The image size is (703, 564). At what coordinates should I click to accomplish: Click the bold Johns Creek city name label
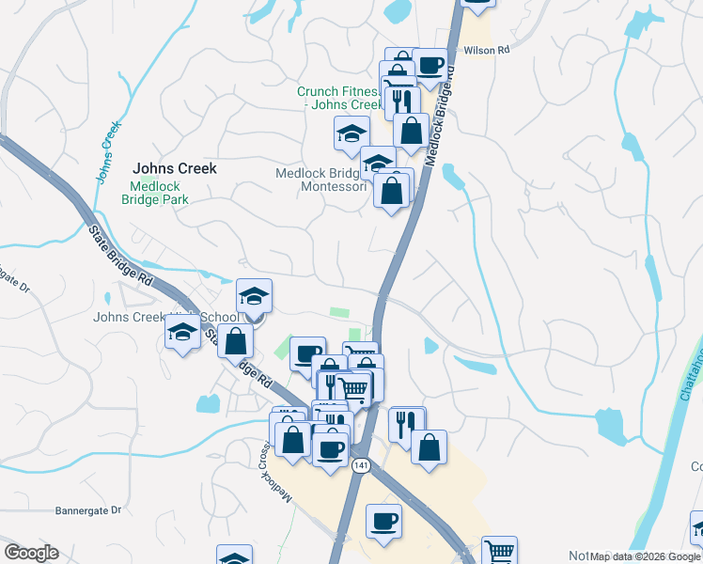[x=175, y=168]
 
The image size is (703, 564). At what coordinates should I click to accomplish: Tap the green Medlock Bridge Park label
[x=155, y=193]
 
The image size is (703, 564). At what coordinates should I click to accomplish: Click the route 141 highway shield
[x=360, y=465]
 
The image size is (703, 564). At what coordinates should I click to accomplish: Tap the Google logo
[x=31, y=553]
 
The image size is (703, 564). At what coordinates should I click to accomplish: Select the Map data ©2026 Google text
[x=646, y=556]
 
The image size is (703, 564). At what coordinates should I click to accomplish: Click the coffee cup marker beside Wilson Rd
[x=430, y=66]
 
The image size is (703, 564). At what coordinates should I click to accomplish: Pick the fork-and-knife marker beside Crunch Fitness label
[x=402, y=100]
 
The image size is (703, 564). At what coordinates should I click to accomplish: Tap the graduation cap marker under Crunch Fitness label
[x=351, y=133]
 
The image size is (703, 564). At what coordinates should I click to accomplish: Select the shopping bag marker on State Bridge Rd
[x=235, y=340]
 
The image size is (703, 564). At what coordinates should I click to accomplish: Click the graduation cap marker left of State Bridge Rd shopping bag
[x=182, y=332]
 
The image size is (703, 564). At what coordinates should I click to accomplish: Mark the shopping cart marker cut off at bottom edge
[x=499, y=551]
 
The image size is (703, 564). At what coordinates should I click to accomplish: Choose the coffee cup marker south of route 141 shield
[x=383, y=521]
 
